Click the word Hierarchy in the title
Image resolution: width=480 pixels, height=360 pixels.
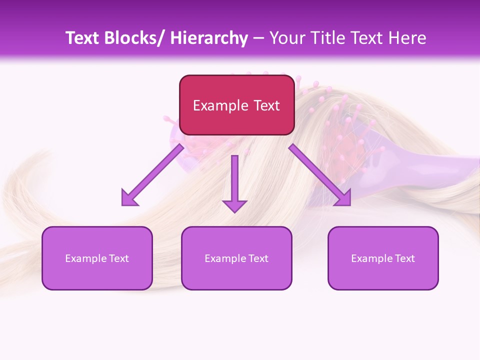tap(209, 38)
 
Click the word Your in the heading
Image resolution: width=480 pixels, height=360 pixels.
tap(285, 38)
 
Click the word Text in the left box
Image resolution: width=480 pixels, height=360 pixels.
tap(118, 258)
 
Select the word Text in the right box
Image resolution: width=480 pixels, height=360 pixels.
tap(404, 258)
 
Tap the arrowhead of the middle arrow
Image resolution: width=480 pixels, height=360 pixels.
tap(234, 205)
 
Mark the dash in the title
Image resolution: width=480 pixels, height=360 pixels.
tap(258, 38)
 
